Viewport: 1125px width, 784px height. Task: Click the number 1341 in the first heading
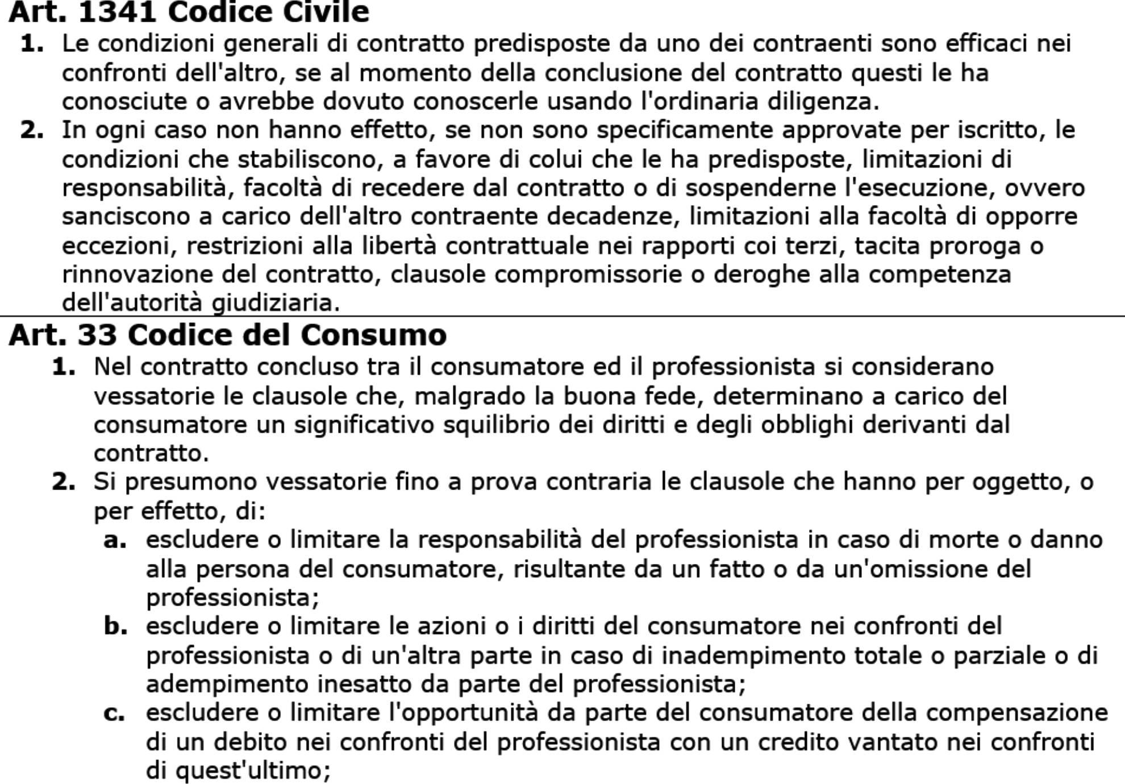[x=116, y=12]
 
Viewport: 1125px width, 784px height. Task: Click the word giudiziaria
[x=275, y=302]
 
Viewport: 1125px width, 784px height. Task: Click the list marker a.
[x=115, y=540]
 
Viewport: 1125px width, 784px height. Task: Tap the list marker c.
[x=114, y=713]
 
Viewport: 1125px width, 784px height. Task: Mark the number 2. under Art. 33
[x=64, y=482]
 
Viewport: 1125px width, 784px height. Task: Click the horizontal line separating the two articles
[x=562, y=316]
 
